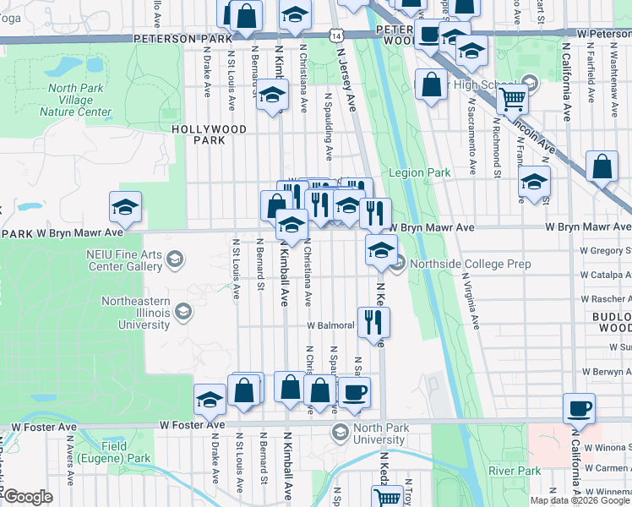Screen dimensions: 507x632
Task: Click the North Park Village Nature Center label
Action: pyautogui.click(x=75, y=100)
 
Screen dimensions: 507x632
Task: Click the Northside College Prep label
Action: pyautogui.click(x=470, y=264)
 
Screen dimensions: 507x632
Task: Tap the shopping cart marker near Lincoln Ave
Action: pyautogui.click(x=513, y=99)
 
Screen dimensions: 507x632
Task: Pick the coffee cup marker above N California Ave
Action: pyautogui.click(x=580, y=408)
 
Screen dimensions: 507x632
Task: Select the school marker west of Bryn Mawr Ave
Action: pyautogui.click(x=125, y=207)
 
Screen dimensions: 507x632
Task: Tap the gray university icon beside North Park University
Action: pyautogui.click(x=340, y=433)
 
